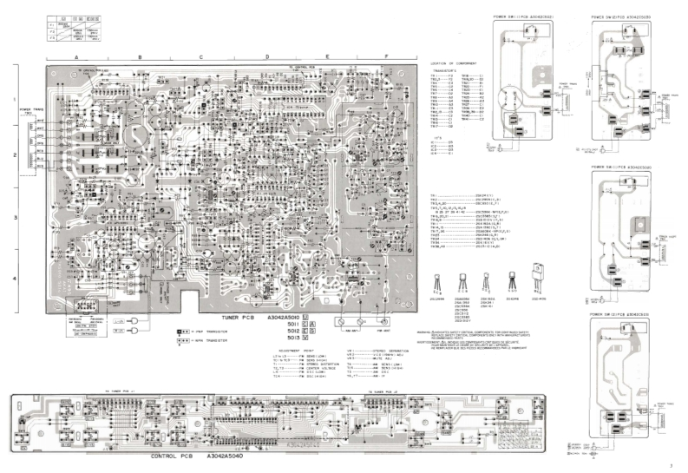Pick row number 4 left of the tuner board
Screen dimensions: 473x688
[15, 278]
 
